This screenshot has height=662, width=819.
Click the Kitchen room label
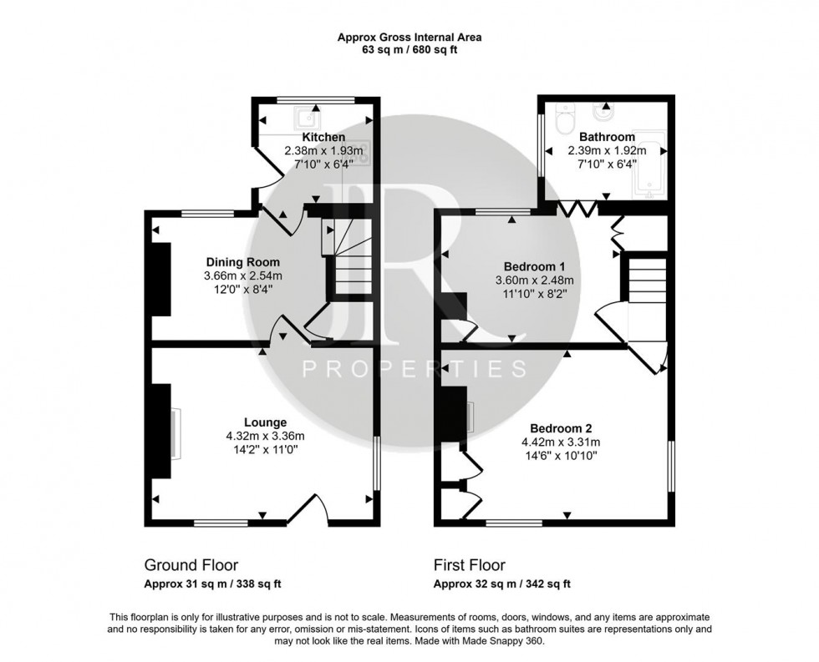coord(323,137)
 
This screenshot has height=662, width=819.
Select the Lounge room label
coord(265,422)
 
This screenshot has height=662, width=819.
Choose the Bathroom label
coord(607,137)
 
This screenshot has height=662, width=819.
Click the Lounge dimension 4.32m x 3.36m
coord(265,435)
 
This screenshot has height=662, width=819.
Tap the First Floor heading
coord(470,565)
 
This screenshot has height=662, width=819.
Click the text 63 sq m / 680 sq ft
coord(409,49)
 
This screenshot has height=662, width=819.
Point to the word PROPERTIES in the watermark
coord(414,368)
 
